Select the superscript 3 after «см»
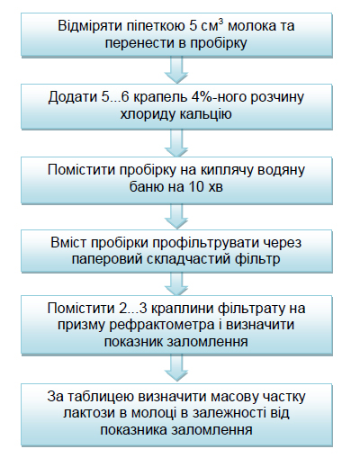point(221,22)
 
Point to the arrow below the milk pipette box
point(176,70)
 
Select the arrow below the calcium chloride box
point(176,143)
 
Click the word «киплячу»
point(228,170)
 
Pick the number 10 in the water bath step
point(196,187)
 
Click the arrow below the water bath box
point(176,216)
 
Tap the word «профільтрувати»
point(208,243)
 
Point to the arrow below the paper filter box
point(176,283)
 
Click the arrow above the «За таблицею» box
point(176,369)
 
